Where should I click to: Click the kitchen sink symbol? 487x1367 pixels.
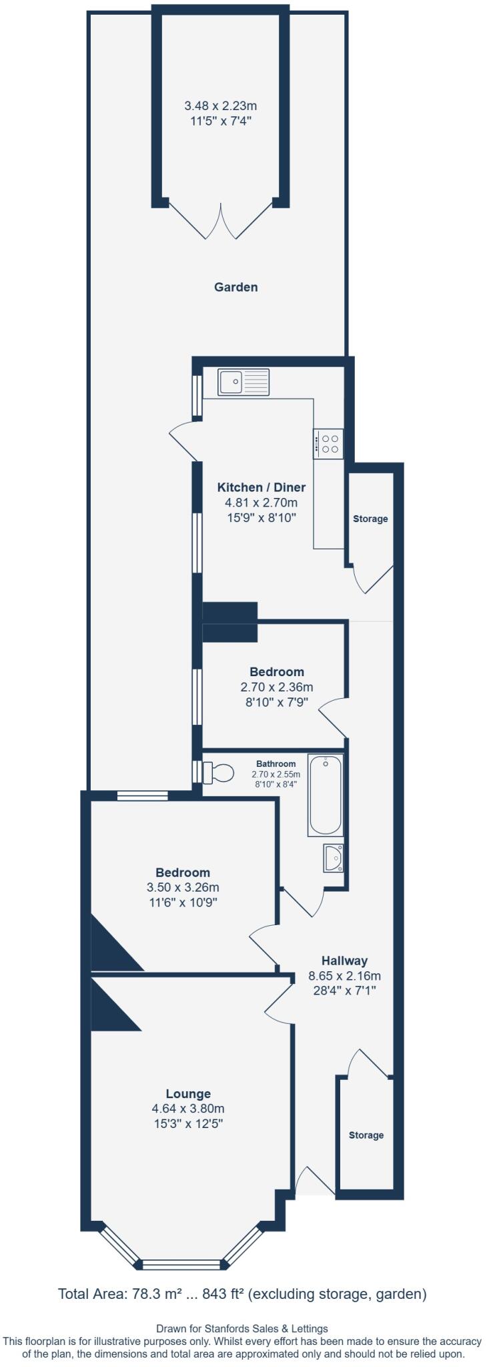(243, 382)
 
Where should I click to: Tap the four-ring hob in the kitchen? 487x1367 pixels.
(329, 444)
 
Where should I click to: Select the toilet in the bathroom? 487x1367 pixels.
(219, 772)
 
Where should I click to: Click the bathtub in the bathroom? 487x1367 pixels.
(326, 794)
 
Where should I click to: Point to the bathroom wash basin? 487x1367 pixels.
(332, 858)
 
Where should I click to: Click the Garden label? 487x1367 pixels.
(235, 287)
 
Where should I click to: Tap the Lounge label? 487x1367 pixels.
(188, 1093)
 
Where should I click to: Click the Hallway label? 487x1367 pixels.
(344, 961)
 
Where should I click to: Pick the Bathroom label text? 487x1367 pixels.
(276, 764)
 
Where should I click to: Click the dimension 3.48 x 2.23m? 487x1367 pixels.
(220, 105)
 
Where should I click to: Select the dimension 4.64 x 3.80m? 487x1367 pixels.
(188, 1109)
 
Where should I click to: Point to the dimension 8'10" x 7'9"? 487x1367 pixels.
(276, 702)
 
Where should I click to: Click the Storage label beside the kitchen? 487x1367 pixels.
(370, 519)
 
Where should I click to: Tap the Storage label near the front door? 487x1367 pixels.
(366, 1135)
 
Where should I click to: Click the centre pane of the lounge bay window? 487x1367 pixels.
(181, 1264)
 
